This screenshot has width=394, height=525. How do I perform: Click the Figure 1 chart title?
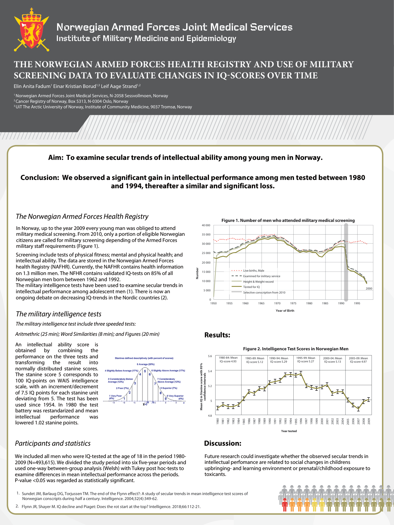tap(288, 220)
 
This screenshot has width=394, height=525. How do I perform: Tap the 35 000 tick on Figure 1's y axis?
tap(206, 235)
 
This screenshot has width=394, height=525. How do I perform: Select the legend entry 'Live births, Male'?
tap(254, 271)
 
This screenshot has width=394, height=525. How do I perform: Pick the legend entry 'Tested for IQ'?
tap(251, 287)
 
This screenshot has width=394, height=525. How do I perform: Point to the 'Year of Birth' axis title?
tap(285, 311)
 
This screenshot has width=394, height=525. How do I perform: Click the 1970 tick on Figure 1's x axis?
tap(277, 303)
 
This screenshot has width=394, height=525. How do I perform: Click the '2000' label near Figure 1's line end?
tap(369, 289)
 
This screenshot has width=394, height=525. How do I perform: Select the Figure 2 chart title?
tap(295, 349)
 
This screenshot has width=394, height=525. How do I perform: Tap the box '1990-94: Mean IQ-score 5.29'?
tap(279, 360)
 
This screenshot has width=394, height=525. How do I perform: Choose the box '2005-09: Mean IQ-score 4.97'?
tap(358, 360)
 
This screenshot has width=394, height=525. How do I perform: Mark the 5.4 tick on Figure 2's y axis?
tap(210, 371)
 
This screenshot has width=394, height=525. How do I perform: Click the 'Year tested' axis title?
tap(289, 431)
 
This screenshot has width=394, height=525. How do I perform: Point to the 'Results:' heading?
tap(217, 335)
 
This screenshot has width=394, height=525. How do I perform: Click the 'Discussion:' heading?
tap(222, 444)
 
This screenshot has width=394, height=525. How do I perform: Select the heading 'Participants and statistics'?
tap(53, 444)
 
